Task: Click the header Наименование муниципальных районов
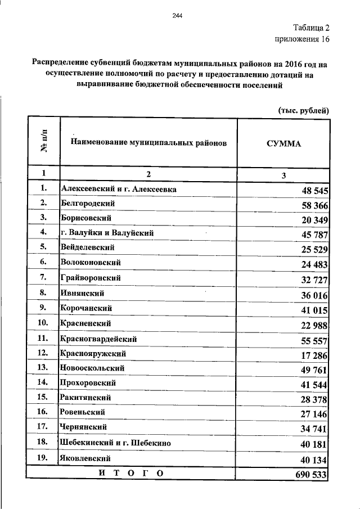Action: pyautogui.click(x=148, y=143)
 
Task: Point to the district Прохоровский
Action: pyautogui.click(x=89, y=383)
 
